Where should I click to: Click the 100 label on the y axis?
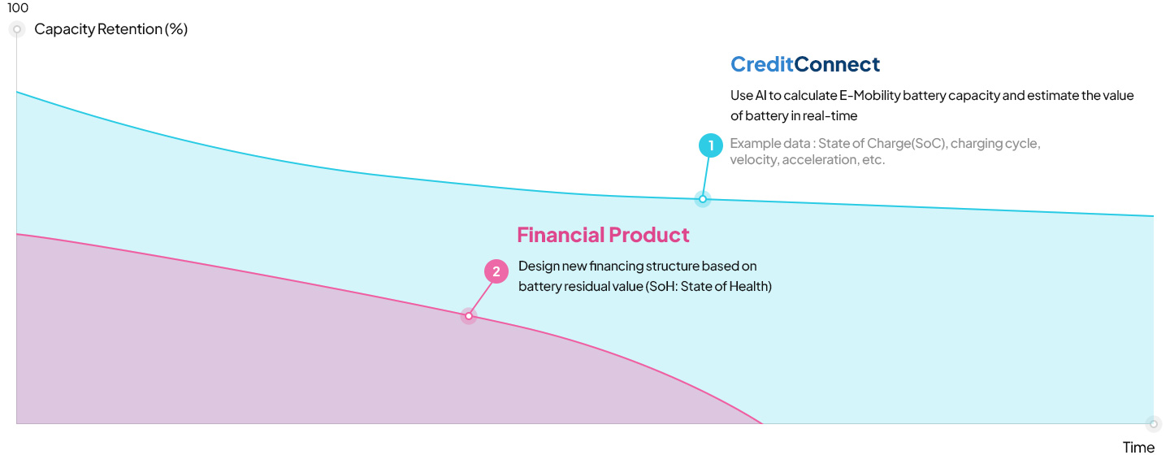[18, 8]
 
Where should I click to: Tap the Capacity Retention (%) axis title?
[110, 29]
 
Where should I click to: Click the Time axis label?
[1138, 447]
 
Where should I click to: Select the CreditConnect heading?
[805, 64]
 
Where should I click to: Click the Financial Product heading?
[603, 235]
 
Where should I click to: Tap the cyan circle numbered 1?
[710, 145]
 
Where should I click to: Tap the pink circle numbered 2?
[496, 271]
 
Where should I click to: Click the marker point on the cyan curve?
[703, 199]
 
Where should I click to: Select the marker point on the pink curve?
[469, 316]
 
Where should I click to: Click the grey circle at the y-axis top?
[17, 29]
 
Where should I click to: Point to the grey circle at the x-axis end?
[1153, 424]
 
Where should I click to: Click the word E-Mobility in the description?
[869, 96]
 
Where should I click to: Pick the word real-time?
[830, 116]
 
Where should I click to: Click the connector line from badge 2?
[481, 299]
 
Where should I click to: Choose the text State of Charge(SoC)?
[882, 144]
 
